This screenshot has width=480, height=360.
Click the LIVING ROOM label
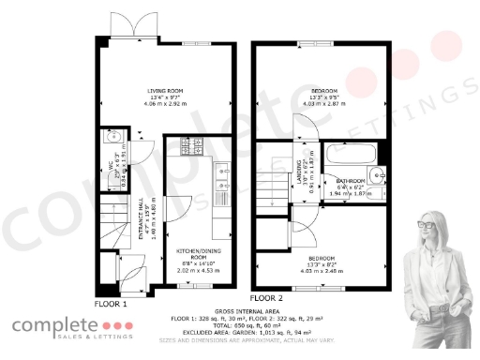pos(164,90)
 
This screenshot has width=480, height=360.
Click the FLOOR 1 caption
pos(111,304)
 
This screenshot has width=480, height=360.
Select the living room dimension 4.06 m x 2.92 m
pos(164,104)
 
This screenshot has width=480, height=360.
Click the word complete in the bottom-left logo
pos(54,327)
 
